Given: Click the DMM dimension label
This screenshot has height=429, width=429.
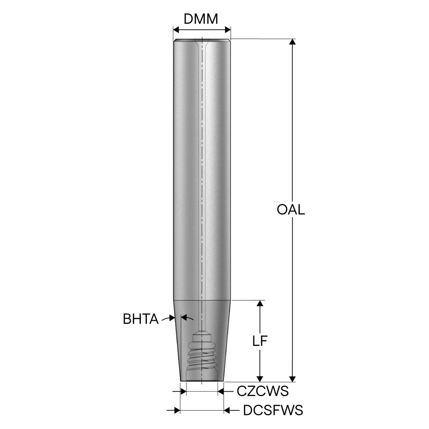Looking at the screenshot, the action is coord(200,19).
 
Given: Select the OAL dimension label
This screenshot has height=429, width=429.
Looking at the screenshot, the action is coord(291,210).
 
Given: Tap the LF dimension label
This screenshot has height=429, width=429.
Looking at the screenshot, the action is coord(260,341).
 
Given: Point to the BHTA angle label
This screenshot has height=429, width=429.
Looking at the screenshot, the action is coord(141,319).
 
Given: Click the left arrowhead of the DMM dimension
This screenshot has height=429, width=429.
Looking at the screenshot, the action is coord(176,29).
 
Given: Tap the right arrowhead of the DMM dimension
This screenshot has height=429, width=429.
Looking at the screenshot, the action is coord(228,29).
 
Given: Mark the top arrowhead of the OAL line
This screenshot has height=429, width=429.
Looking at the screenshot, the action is coord(292,42).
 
